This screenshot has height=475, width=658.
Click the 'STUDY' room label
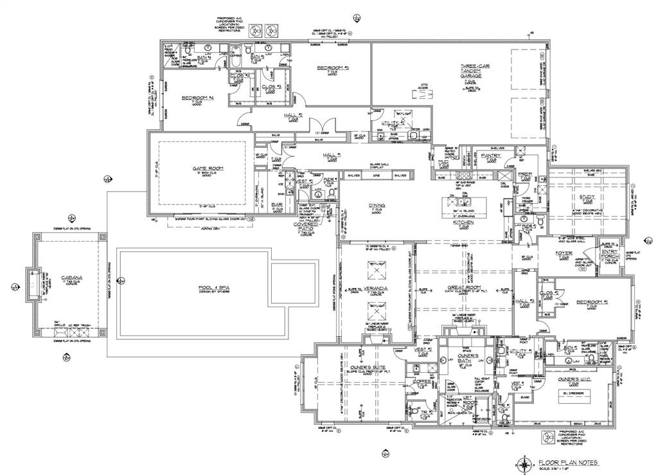(x=587, y=197)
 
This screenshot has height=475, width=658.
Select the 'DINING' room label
(x=377, y=206)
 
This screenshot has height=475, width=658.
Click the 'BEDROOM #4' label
(x=197, y=98)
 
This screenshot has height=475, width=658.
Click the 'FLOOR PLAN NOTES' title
(x=568, y=462)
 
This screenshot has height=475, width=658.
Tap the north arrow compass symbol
(x=526, y=463)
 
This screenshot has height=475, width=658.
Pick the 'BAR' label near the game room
(x=278, y=204)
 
